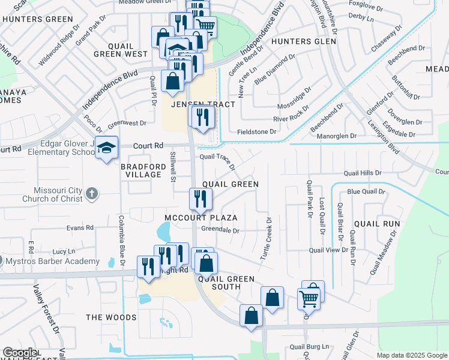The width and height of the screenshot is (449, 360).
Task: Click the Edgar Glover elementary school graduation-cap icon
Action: (x=106, y=148)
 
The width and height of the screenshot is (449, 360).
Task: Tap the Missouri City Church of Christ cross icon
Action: (x=91, y=194)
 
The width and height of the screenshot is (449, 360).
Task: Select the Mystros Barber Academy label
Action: (x=52, y=262)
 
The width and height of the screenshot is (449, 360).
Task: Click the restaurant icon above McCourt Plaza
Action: (x=200, y=199)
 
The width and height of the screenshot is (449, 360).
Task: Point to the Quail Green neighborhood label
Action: (x=231, y=184)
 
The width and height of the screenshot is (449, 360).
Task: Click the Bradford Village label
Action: (x=141, y=170)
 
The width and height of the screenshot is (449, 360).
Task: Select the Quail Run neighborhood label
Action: (x=377, y=224)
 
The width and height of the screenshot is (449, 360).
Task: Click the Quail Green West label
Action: (x=127, y=50)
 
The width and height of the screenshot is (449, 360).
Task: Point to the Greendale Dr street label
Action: (x=220, y=230)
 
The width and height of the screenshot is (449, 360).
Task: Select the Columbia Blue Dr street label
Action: (x=122, y=241)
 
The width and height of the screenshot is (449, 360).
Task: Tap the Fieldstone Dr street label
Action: (x=256, y=131)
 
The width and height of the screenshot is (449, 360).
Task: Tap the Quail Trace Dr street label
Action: (x=217, y=158)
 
